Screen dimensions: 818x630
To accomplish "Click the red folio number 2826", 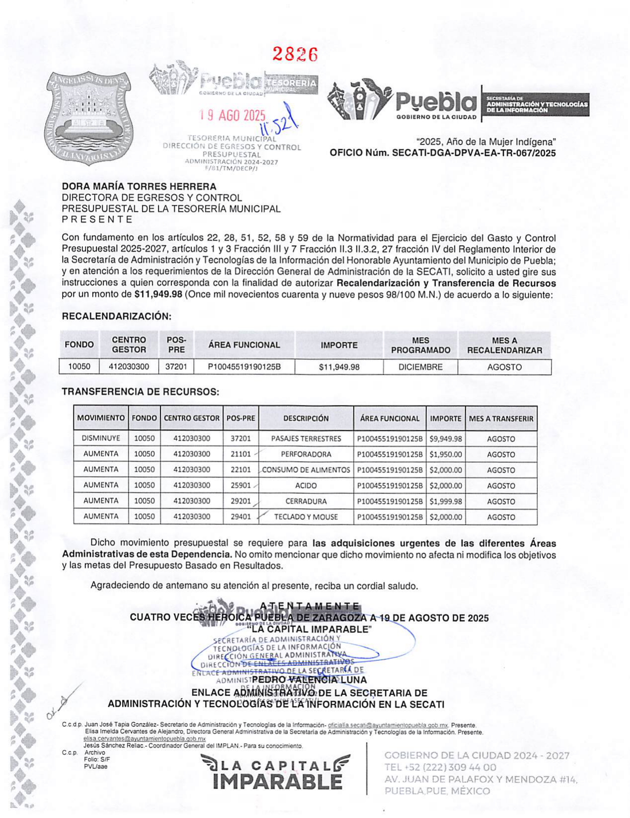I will tap(295, 54).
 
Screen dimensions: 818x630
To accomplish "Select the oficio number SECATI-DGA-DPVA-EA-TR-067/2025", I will tap(474, 153).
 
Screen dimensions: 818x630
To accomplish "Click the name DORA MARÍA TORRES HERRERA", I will tap(139, 187).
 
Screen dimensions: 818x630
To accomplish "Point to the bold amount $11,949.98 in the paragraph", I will tap(158, 294).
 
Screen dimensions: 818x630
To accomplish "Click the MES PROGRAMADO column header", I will tap(420, 345).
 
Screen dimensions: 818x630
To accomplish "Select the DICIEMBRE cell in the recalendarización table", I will tap(420, 367).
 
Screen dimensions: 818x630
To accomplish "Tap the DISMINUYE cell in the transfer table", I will tap(101, 439).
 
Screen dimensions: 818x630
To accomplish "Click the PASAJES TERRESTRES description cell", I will tap(306, 439).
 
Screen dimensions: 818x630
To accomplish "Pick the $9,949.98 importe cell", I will tap(445, 439).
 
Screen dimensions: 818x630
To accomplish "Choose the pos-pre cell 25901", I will tap(241, 485).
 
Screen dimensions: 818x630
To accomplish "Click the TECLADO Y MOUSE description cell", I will tap(306, 517).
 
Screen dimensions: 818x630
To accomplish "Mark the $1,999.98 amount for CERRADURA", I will tap(445, 501).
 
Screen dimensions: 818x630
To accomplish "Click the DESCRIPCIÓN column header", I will tap(306, 418).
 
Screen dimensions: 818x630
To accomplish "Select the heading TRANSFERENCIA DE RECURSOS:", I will tap(140, 392).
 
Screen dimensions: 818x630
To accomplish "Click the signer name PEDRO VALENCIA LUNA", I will tap(309, 680).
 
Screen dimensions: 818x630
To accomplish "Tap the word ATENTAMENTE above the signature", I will tap(310, 606).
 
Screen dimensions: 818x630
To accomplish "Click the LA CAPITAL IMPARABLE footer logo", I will tap(276, 772).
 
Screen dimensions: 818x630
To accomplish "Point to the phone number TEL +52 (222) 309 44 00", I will tap(440, 767).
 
